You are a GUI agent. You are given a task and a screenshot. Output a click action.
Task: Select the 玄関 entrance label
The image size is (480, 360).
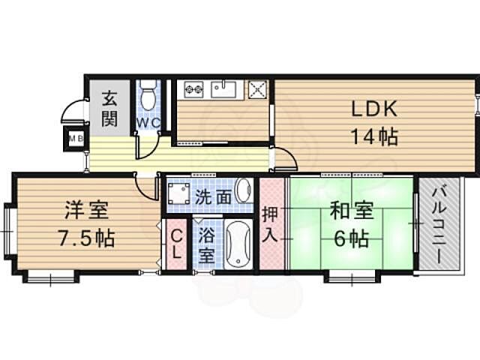coord(109,107)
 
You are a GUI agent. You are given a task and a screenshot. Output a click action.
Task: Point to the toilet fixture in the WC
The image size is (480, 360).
coord(147,95)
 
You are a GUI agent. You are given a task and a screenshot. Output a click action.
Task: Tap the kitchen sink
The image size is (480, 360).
coord(223,89)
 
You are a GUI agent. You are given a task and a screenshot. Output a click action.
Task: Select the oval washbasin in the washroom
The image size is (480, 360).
coord(243,190)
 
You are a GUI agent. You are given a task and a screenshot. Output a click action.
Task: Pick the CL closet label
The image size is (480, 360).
coord(175,244)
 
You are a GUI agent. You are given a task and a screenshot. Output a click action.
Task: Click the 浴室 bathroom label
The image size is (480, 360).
coord(206,244)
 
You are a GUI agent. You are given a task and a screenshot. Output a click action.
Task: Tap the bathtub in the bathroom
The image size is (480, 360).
coord(238,243)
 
